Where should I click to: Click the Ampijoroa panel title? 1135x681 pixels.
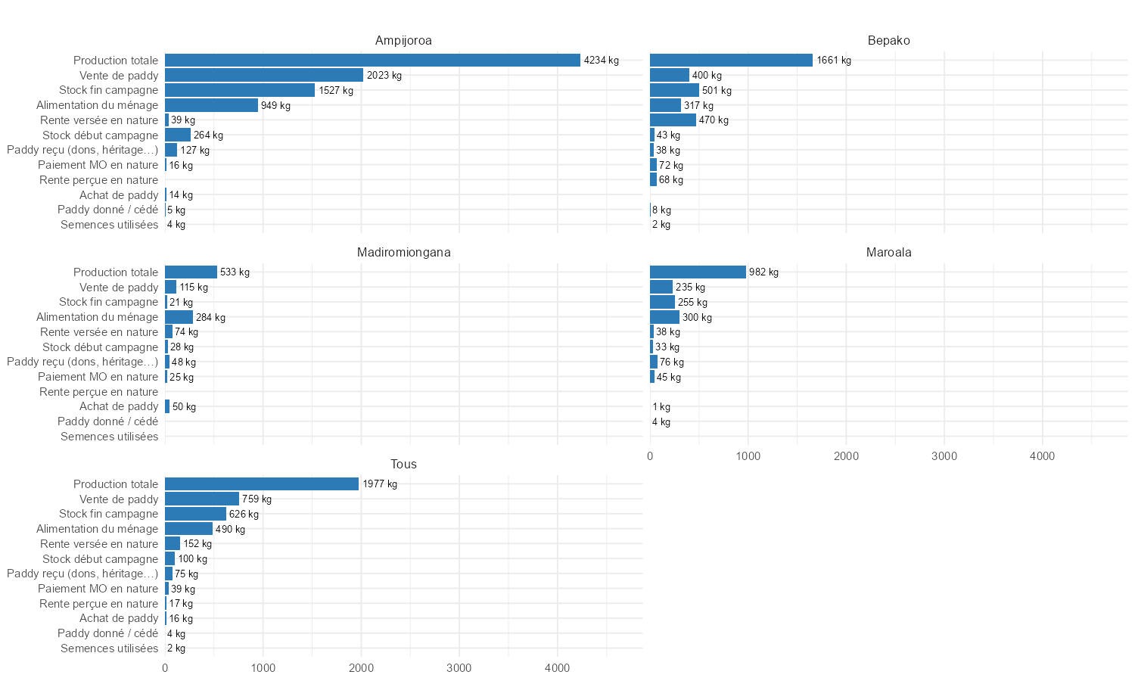[403, 41]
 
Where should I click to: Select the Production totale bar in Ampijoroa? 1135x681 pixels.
[372, 61]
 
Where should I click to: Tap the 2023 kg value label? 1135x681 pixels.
[384, 76]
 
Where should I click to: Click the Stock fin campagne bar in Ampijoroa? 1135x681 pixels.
[240, 90]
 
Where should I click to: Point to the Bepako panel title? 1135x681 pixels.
[888, 41]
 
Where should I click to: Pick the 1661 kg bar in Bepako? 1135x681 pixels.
[731, 61]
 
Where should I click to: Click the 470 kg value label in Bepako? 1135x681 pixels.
[714, 120]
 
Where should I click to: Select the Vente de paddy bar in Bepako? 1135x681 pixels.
[670, 76]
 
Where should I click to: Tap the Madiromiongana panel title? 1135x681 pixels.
[403, 253]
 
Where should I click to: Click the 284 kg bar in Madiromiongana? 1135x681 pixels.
[179, 317]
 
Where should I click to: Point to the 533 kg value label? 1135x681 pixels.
[235, 272]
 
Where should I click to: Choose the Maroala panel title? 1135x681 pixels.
[888, 253]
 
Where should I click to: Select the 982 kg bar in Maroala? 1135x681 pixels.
[698, 272]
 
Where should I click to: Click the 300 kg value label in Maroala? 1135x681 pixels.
[697, 318]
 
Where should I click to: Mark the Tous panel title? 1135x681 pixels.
[403, 465]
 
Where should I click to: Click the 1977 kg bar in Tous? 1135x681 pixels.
[262, 484]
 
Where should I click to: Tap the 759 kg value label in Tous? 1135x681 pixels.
[257, 499]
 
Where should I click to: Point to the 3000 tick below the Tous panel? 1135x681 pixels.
[459, 668]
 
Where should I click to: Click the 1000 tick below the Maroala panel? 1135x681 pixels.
[748, 456]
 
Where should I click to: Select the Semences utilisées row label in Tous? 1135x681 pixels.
[110, 648]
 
